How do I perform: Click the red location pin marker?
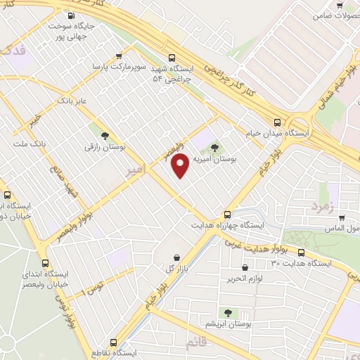tap(181, 165)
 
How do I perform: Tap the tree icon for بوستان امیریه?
tap(214, 147)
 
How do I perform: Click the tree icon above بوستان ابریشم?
tap(226, 311)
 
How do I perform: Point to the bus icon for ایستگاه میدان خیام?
tap(279, 121)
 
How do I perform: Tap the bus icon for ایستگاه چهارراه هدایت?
tap(227, 214)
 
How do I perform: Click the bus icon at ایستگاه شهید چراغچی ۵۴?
tap(172, 58)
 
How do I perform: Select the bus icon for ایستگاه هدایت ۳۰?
tap(302, 252)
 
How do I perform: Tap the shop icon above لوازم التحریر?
tap(245, 267)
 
